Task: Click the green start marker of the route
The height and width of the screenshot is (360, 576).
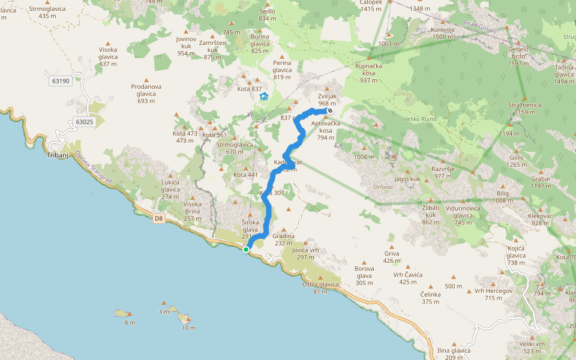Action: coord(246,250)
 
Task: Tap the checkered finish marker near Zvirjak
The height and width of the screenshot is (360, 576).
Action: coord(330,110)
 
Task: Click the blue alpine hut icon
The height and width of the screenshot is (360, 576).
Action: coord(263,97)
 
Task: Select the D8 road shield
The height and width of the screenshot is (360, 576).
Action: coord(158,218)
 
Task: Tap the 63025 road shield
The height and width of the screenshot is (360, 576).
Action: coord(85,122)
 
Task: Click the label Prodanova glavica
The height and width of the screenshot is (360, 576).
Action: coord(146,90)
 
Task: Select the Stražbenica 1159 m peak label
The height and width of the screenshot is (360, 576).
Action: coord(524,109)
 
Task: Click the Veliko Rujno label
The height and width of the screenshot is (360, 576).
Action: coord(420,119)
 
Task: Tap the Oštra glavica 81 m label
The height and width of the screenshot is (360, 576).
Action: coord(320,287)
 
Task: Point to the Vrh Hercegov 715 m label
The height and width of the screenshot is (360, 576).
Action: coord(488,294)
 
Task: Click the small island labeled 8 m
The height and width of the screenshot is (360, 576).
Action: coord(122,313)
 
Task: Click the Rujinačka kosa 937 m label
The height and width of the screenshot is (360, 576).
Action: coord(369,73)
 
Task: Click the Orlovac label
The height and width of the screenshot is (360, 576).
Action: coord(383,186)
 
